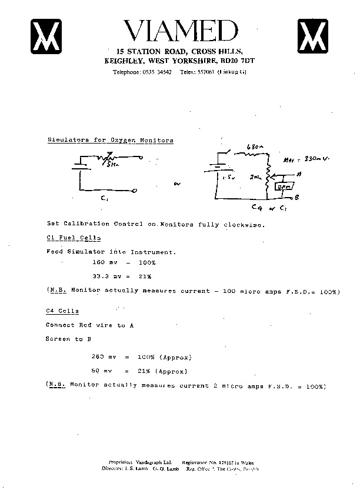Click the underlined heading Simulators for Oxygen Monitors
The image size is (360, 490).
[110, 141]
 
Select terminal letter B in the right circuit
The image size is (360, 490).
[298, 198]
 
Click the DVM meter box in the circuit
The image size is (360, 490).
[282, 186]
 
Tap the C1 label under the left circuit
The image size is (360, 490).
[104, 199]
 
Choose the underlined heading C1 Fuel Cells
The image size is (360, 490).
[74, 238]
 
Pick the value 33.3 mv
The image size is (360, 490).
[105, 276]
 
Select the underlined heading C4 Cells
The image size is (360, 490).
[62, 311]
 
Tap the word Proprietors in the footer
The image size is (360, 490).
[121, 462]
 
